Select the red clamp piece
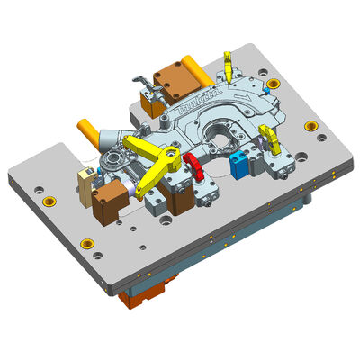coord(192,163)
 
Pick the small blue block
coord(238,165)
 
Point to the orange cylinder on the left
coord(89,132)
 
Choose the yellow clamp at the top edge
coord(230,63)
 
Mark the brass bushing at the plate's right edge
coord(310,126)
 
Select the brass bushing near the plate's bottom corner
coord(88,240)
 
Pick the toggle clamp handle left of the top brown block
coord(140,80)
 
